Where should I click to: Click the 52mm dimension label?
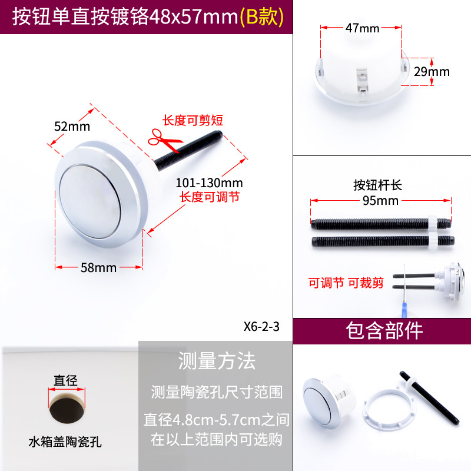click(x=72, y=126)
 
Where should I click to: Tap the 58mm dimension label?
click(x=98, y=268)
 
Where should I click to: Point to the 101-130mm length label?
click(x=209, y=183)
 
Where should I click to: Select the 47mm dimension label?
click(x=362, y=28)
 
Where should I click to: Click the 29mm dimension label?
click(x=432, y=72)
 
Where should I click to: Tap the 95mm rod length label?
click(x=380, y=201)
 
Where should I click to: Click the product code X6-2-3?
click(x=261, y=327)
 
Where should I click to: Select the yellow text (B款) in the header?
click(x=261, y=16)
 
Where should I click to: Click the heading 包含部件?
click(x=384, y=331)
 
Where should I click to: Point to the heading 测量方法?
click(x=217, y=361)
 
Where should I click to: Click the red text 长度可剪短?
click(x=193, y=121)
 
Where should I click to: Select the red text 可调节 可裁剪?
click(x=346, y=283)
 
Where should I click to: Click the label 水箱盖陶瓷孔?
click(x=65, y=442)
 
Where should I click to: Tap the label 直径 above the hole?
click(x=65, y=380)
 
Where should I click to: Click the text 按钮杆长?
click(x=377, y=185)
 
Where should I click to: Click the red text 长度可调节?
click(x=210, y=197)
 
